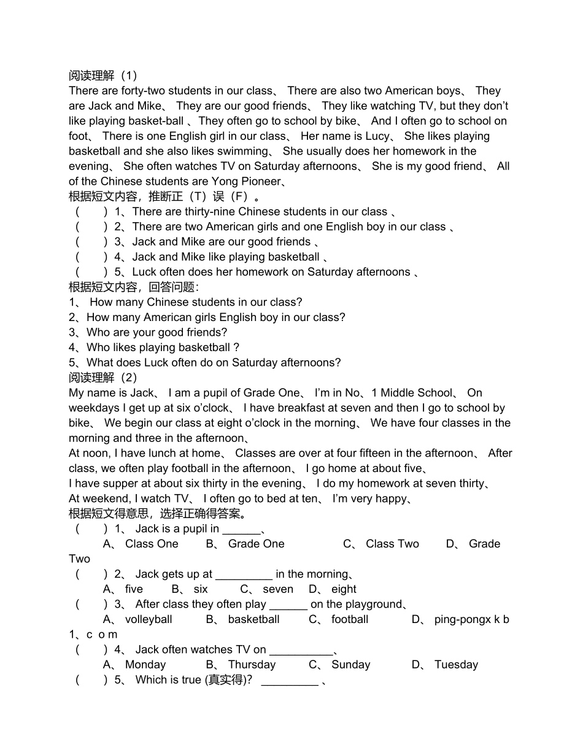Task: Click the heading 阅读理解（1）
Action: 103,75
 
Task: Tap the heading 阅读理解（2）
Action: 103,377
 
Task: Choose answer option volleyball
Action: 149,619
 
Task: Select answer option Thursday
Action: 252,665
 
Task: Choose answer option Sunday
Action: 350,665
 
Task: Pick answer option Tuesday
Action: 456,665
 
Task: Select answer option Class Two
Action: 392,544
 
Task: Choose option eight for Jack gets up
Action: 344,589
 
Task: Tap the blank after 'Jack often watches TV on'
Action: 301,651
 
